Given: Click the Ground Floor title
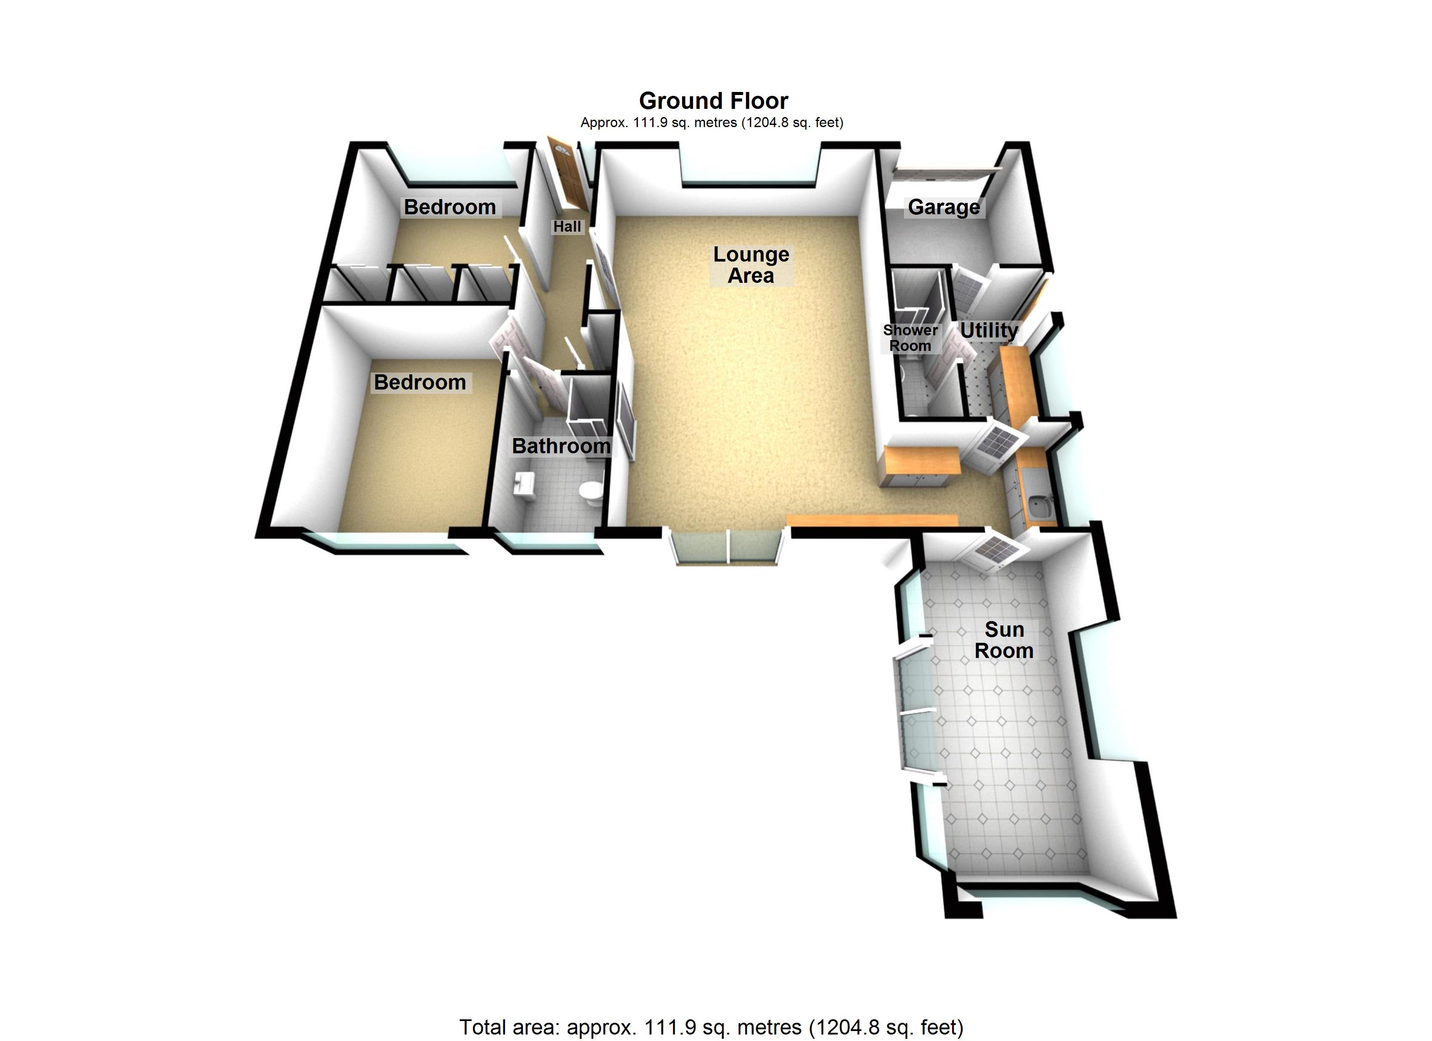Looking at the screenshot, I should click(x=713, y=101).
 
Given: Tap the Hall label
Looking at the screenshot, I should click(x=567, y=226).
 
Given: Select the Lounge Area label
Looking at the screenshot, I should click(x=751, y=265).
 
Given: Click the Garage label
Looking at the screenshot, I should click(x=944, y=207).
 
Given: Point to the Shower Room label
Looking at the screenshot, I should click(x=910, y=338).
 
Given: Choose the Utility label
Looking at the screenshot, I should click(x=989, y=330).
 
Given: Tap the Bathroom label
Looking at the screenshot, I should click(x=561, y=446).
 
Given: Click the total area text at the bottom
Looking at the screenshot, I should click(x=711, y=1027).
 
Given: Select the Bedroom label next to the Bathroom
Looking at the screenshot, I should click(x=420, y=383).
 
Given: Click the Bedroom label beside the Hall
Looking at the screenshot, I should click(x=450, y=207).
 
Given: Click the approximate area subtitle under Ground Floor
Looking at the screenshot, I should click(x=712, y=122).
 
